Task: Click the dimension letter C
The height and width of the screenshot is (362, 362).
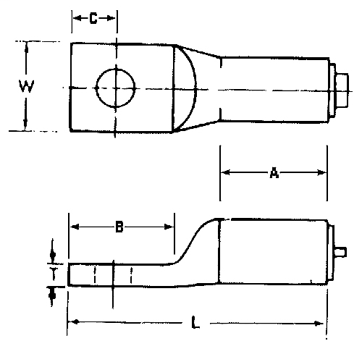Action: (x=93, y=20)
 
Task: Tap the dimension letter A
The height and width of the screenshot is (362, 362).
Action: (x=274, y=172)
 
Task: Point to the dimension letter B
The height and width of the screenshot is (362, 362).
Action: (x=120, y=228)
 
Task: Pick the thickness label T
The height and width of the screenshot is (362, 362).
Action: (x=53, y=274)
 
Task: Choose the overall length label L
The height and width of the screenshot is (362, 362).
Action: (x=195, y=324)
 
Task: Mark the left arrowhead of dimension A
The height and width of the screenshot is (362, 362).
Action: (x=225, y=172)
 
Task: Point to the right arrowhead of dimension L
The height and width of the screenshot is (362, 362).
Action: (x=321, y=323)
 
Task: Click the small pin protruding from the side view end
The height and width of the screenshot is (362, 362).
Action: (x=342, y=252)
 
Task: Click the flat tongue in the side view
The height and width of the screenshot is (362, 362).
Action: (x=119, y=275)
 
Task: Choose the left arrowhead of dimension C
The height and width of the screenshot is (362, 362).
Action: (x=75, y=20)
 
